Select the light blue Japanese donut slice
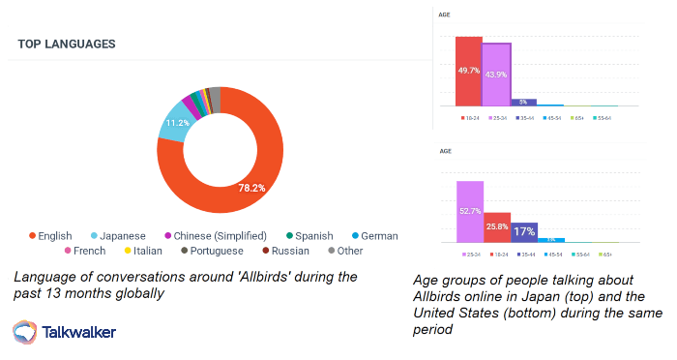click(x=175, y=125)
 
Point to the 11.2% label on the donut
click(x=177, y=123)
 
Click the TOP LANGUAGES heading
click(x=67, y=45)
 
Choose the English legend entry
click(x=52, y=235)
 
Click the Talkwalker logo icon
click(x=25, y=332)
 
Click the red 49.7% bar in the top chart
click(x=468, y=72)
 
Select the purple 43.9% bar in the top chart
click(x=495, y=75)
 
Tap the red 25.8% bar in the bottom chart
click(x=497, y=227)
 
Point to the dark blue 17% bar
click(x=523, y=231)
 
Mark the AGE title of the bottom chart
click(x=447, y=152)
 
